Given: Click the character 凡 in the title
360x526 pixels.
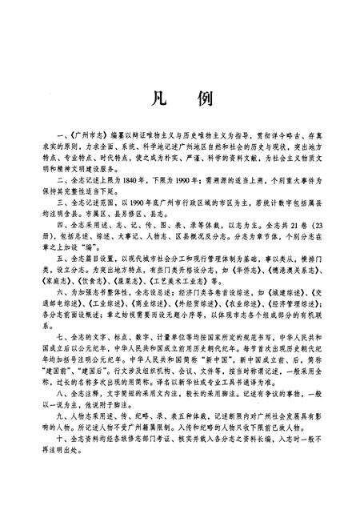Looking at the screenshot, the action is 156,100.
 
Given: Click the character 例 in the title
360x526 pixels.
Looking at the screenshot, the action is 203,100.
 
